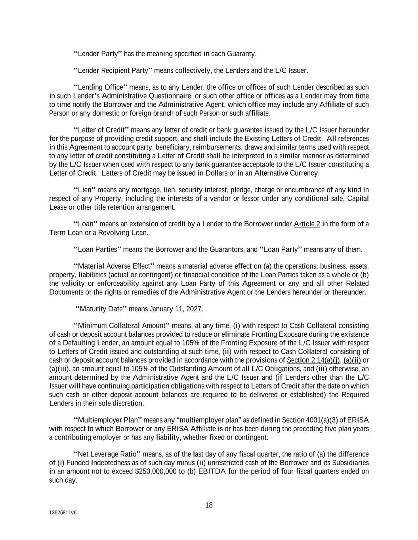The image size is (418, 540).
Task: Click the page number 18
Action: tap(209, 505)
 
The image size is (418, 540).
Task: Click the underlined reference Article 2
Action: tap(307, 224)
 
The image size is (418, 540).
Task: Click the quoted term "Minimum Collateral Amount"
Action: tap(122, 326)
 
